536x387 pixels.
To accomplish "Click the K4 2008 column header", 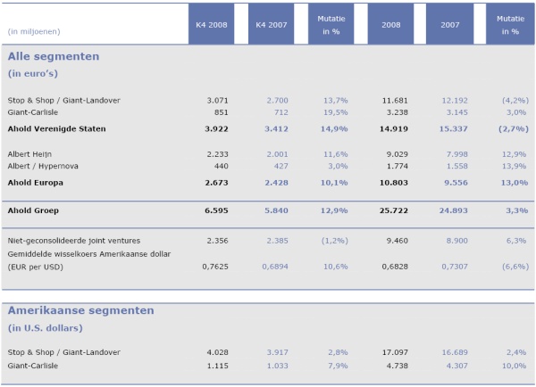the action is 211,25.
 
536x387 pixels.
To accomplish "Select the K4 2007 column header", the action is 271,25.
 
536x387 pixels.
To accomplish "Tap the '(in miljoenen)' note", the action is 34,32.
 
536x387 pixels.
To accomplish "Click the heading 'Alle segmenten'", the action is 54,56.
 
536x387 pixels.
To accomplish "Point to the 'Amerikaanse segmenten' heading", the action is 80,310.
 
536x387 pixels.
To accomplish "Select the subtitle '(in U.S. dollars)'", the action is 46,328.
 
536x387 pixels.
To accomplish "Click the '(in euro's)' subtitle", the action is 33,74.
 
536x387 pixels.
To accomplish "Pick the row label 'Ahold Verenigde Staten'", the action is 57,129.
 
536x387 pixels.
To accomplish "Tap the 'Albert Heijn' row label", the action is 29,154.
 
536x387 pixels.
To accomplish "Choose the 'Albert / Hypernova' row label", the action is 43,166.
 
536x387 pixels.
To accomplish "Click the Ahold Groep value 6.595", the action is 216,210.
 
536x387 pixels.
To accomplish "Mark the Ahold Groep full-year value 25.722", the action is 394,210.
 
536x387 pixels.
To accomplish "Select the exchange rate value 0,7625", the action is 215,267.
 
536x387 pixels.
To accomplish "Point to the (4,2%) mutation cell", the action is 515,101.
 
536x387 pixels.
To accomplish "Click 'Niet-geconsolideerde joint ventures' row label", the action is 74,241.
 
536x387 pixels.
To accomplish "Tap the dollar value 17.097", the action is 395,352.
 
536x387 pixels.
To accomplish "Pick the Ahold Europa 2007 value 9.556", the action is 456,183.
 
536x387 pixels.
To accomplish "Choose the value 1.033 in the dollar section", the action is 277,366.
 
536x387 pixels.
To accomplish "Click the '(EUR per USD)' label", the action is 36,267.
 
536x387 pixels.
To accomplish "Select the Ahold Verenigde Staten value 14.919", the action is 394,129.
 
